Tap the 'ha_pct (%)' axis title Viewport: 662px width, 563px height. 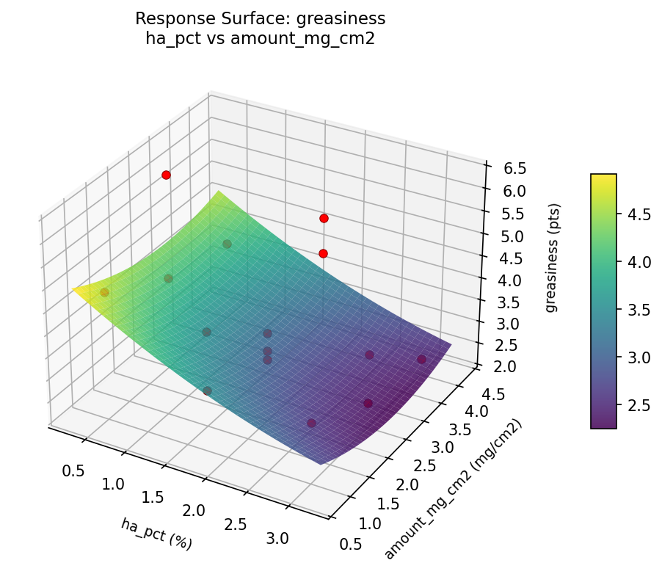coord(156,533)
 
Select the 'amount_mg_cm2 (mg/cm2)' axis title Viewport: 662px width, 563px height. coord(453,490)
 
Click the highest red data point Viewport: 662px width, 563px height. coord(167,175)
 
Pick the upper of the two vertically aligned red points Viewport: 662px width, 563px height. coord(324,218)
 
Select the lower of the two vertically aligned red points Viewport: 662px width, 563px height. coord(324,253)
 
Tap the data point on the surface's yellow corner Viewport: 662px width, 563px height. coord(104,292)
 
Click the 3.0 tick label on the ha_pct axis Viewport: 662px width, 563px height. coord(277,539)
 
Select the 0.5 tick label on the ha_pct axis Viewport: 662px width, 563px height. coord(73,471)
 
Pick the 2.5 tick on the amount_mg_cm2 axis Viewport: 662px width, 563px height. coord(423,465)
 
